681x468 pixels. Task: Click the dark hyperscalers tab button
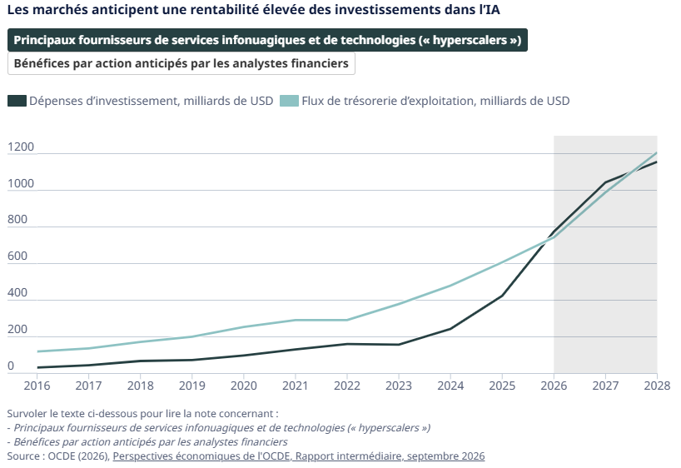pyautogui.click(x=267, y=40)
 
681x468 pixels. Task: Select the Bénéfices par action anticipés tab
pyautogui.click(x=181, y=63)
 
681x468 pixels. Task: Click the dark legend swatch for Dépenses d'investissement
pyautogui.click(x=17, y=101)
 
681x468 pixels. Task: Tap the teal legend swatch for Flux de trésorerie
pyautogui.click(x=289, y=101)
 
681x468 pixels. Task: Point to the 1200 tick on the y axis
pyautogui.click(x=21, y=147)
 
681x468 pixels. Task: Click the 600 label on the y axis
pyautogui.click(x=17, y=256)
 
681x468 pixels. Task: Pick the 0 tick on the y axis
pyautogui.click(x=11, y=366)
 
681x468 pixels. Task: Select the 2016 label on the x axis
pyautogui.click(x=37, y=386)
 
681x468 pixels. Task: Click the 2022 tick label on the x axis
pyautogui.click(x=347, y=386)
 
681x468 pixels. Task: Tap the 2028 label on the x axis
pyautogui.click(x=657, y=386)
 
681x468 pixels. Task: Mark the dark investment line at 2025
pyautogui.click(x=502, y=296)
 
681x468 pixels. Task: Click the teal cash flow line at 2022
pyautogui.click(x=347, y=321)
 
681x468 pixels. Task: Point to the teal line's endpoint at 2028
pyautogui.click(x=657, y=152)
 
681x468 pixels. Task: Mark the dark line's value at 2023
pyautogui.click(x=399, y=345)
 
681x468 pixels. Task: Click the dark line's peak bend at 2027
pyautogui.click(x=605, y=182)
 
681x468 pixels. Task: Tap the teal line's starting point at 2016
pyautogui.click(x=37, y=351)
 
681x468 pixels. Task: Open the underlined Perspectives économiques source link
pyautogui.click(x=299, y=456)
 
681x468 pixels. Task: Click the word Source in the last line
pyautogui.click(x=23, y=456)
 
